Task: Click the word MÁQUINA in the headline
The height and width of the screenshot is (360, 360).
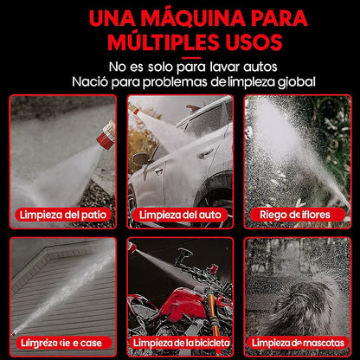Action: [170, 17]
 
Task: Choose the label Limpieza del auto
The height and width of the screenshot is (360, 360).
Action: [180, 214]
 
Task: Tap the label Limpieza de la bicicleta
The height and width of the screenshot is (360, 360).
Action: [180, 343]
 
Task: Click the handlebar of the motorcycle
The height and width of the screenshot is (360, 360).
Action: [184, 257]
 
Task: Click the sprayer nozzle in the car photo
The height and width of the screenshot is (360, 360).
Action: [134, 112]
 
